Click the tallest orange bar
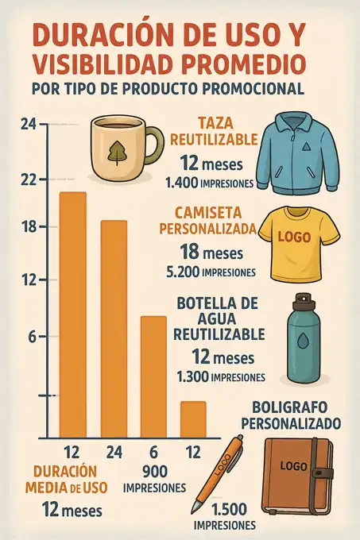tap(73, 314)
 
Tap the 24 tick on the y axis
tap(29, 124)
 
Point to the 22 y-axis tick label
tap(29, 180)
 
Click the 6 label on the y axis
tap(33, 336)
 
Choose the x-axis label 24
tap(114, 453)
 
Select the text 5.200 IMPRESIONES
tap(211, 272)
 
